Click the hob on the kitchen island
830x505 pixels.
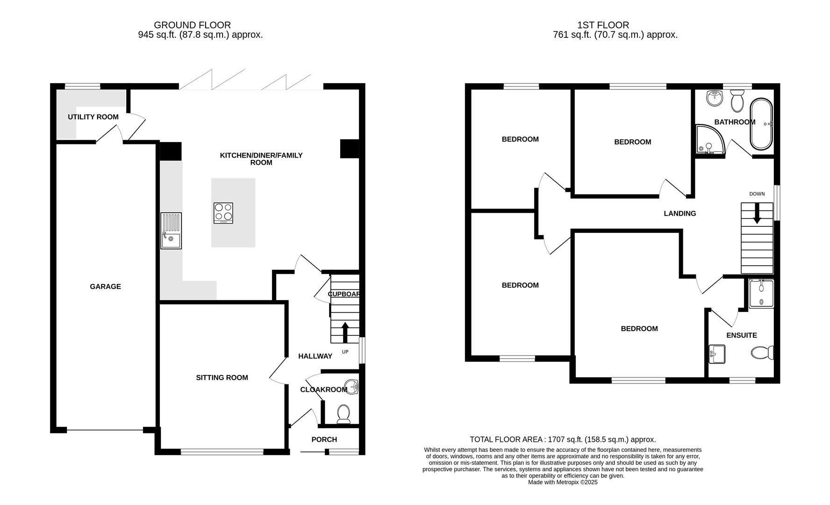click(x=223, y=213)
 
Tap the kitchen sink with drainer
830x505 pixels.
click(x=171, y=231)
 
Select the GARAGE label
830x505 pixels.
click(x=105, y=287)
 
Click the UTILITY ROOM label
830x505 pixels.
click(x=93, y=117)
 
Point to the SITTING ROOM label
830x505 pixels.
click(x=222, y=378)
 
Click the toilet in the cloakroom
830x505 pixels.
click(x=343, y=414)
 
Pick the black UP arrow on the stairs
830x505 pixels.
click(x=345, y=332)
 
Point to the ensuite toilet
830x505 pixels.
click(x=762, y=353)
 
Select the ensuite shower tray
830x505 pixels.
click(x=761, y=294)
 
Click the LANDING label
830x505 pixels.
click(x=680, y=214)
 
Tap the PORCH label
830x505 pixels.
click(x=324, y=440)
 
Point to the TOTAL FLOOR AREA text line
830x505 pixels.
click(x=563, y=440)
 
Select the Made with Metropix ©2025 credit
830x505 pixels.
click(x=563, y=482)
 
